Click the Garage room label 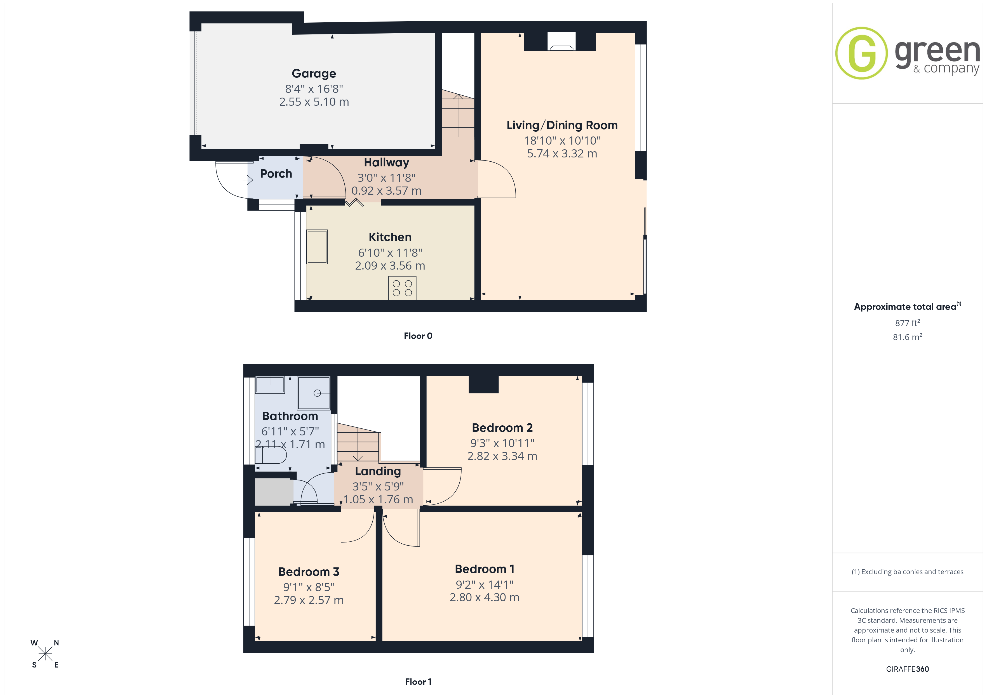pyautogui.click(x=314, y=74)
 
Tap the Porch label pyautogui.click(x=276, y=174)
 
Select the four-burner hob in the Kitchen pyautogui.click(x=402, y=288)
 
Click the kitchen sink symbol pyautogui.click(x=317, y=247)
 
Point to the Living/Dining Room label pyautogui.click(x=562, y=125)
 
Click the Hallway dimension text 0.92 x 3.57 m pyautogui.click(x=386, y=191)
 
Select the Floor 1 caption pyautogui.click(x=418, y=682)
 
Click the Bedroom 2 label pyautogui.click(x=502, y=428)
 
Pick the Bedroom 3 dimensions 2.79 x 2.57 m pyautogui.click(x=309, y=600)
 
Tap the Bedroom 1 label pyautogui.click(x=485, y=569)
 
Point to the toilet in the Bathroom pyautogui.click(x=271, y=455)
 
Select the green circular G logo pyautogui.click(x=861, y=53)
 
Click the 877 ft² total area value pyautogui.click(x=908, y=323)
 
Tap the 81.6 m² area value pyautogui.click(x=908, y=337)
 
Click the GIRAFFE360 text pyautogui.click(x=908, y=669)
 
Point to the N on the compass pyautogui.click(x=56, y=643)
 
